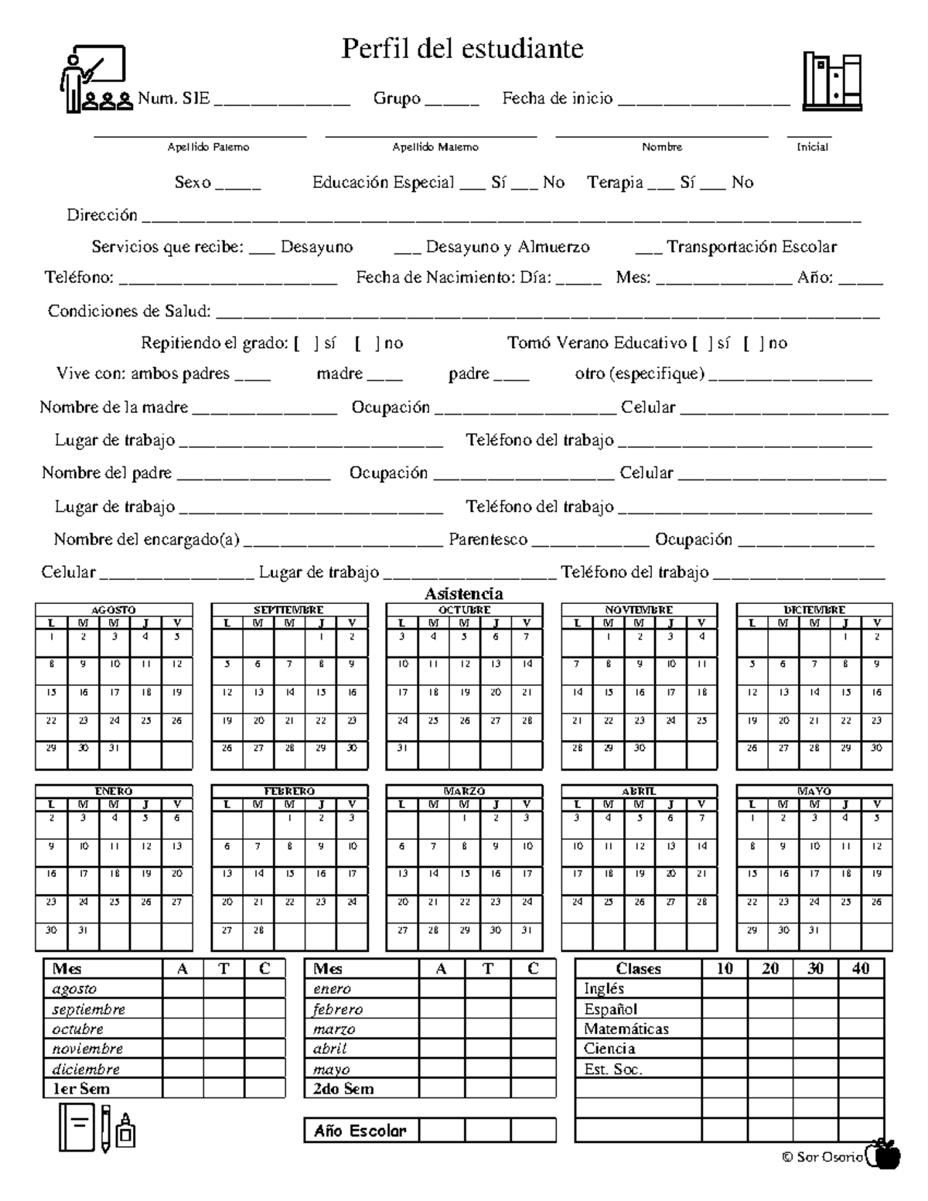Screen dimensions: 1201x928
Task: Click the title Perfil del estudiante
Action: click(462, 49)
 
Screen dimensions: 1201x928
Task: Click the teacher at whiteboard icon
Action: click(93, 80)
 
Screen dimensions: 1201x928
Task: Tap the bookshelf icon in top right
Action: click(832, 81)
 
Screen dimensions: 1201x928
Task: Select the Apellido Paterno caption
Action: click(208, 147)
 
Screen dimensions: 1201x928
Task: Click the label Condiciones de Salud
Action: click(129, 311)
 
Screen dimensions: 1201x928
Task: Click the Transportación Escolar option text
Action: click(751, 247)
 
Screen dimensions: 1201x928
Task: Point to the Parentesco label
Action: click(488, 540)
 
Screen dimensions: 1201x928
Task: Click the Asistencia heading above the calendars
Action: click(463, 594)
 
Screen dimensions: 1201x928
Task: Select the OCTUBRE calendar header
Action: click(464, 610)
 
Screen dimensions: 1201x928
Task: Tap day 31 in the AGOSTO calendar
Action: click(114, 749)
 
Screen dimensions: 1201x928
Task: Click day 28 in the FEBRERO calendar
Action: click(258, 930)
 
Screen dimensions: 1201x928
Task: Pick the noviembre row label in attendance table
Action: click(87, 1049)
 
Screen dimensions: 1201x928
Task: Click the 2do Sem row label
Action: click(343, 1089)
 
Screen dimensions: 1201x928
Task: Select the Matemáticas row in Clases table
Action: click(626, 1029)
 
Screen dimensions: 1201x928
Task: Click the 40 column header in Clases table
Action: click(861, 968)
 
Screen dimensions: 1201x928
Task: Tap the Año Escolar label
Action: click(360, 1131)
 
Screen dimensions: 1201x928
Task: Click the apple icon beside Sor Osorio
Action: click(884, 1155)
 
